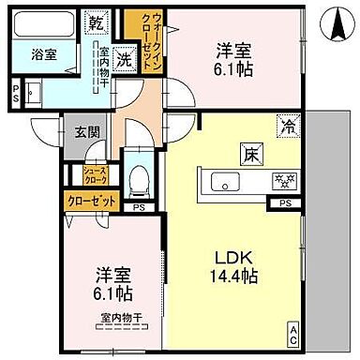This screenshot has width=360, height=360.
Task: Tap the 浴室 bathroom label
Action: (x=43, y=54)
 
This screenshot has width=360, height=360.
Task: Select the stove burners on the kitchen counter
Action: (x=279, y=181)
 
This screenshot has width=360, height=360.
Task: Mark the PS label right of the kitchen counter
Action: (x=284, y=202)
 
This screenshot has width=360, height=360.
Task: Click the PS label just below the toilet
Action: (x=139, y=208)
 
